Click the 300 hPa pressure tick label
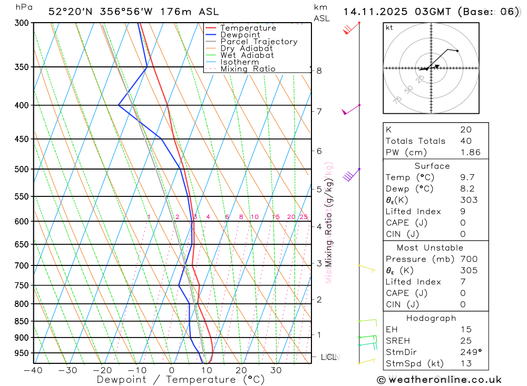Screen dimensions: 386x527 click(21, 23)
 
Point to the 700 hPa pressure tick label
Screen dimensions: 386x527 click(21, 265)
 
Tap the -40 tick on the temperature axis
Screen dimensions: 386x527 click(33, 370)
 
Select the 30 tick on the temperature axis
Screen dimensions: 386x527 click(276, 370)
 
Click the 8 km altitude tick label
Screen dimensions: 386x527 click(319, 71)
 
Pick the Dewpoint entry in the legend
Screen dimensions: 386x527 click(240, 35)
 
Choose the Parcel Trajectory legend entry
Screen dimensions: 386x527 click(259, 42)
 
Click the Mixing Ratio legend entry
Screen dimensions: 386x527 click(248, 69)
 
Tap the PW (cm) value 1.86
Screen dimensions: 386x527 click(470, 152)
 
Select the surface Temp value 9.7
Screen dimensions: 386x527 click(466, 177)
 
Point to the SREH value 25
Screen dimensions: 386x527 click(466, 341)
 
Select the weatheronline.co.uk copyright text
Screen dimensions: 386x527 click(439, 380)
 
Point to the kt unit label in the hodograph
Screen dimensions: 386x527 click(389, 27)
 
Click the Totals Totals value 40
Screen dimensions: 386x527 click(466, 141)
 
